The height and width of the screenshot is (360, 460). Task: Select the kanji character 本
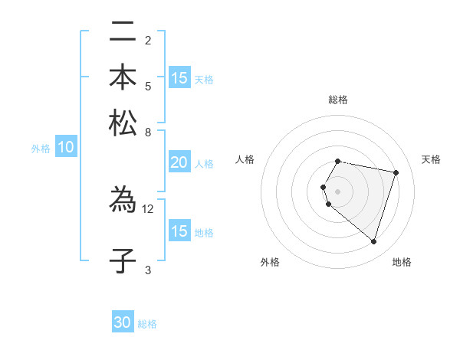point(123,77)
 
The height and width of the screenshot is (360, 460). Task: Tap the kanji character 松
point(123,123)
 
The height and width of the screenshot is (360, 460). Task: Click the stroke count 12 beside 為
point(148,208)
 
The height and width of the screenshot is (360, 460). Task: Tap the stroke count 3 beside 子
point(148,270)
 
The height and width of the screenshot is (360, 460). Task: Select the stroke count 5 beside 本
point(148,86)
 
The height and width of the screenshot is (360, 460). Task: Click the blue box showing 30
point(123,322)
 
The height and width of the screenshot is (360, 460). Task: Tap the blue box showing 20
point(179,162)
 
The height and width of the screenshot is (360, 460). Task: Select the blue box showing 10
point(66,148)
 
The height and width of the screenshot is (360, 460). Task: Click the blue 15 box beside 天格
point(179,78)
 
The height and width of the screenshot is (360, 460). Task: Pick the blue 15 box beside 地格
point(179,231)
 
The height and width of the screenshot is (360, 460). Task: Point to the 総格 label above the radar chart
point(338,100)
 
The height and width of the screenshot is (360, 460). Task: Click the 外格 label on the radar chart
point(270,262)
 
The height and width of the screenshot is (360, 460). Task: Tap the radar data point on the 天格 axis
point(396,172)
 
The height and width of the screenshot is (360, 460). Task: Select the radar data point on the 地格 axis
point(373,241)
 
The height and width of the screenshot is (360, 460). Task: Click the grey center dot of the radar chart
point(338,191)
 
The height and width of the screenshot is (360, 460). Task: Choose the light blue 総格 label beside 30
point(147,324)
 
